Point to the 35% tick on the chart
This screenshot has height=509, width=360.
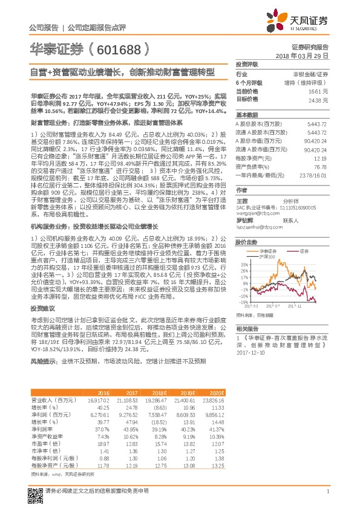[243, 265]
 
